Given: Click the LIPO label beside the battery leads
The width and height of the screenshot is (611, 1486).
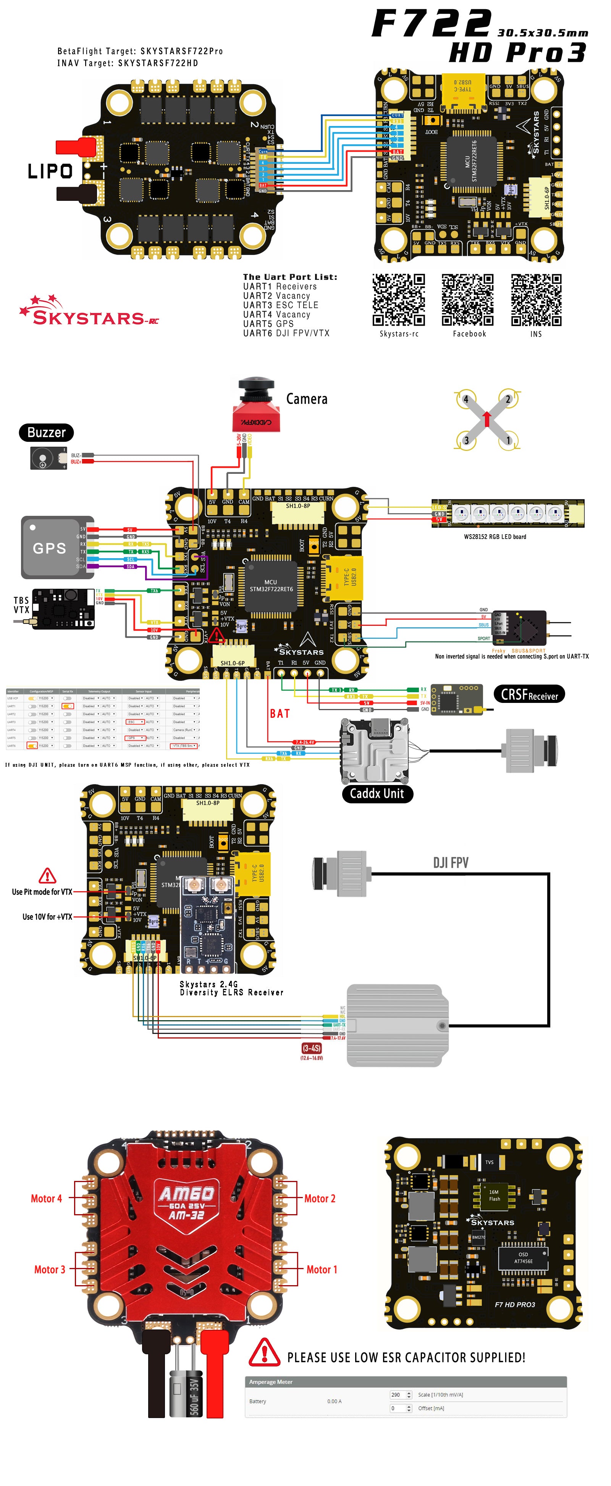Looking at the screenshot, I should (50, 171).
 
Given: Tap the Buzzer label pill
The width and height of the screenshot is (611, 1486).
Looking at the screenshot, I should (46, 433).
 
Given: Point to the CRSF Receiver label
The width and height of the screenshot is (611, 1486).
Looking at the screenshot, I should (529, 695).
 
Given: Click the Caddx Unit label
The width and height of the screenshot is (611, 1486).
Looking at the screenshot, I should (377, 794).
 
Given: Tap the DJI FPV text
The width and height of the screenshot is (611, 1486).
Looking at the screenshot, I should (451, 863).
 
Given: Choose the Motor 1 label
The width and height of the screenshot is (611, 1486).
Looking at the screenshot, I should (322, 1270).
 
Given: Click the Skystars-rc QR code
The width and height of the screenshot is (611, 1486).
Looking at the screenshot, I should (399, 300).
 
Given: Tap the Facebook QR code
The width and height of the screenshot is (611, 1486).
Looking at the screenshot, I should (467, 300).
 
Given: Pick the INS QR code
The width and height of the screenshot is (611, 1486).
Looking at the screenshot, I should (536, 300).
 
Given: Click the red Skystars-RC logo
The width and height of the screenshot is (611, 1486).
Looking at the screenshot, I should (89, 312).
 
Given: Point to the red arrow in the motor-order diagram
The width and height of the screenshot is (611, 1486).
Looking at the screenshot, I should (487, 418).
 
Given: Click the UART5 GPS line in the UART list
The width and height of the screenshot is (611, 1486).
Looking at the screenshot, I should (268, 324).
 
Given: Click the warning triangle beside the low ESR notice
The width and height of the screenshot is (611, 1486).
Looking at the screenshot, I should (264, 1353).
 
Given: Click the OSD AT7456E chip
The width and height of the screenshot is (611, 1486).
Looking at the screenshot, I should (523, 1258).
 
